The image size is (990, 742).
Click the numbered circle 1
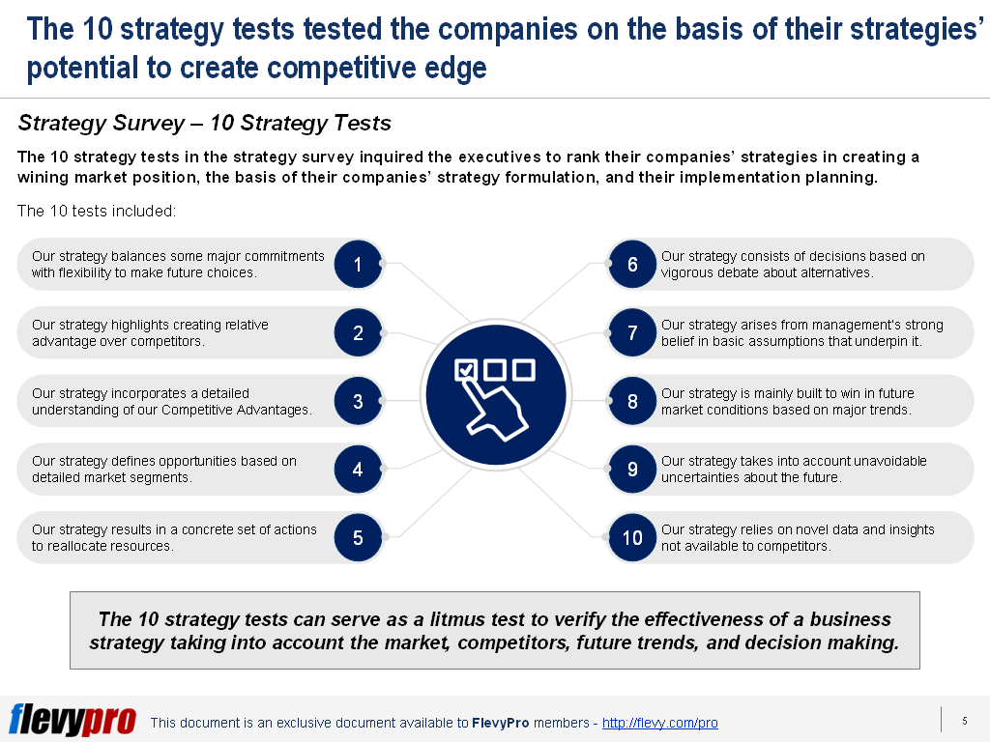point(358,265)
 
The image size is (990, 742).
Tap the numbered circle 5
point(358,538)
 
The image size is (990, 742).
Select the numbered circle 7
point(632,333)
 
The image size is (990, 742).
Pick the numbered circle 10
point(632,538)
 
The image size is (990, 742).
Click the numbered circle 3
point(358,402)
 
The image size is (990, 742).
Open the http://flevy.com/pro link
point(659,723)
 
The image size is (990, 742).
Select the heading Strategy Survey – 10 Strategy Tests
point(204,123)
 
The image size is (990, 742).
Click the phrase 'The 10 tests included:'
point(97,211)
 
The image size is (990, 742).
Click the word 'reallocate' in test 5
point(79,546)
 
